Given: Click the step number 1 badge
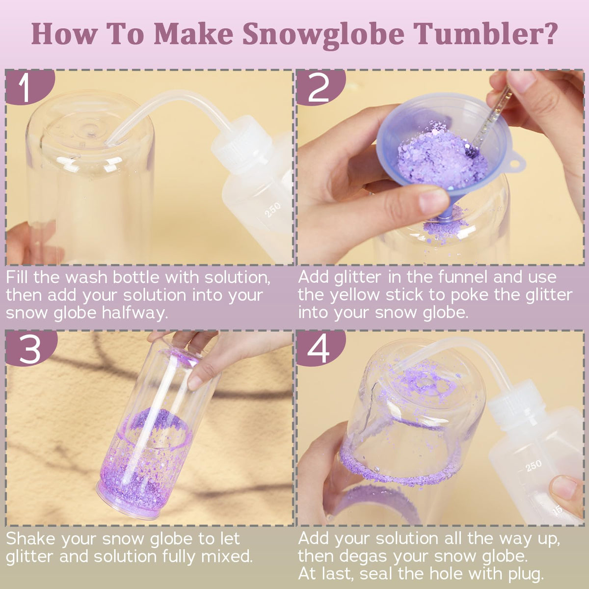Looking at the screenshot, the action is pyautogui.click(x=29, y=87).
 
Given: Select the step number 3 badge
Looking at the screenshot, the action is pyautogui.click(x=30, y=348).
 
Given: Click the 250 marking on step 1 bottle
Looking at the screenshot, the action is pyautogui.click(x=272, y=210).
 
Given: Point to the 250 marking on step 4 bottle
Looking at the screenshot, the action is pyautogui.click(x=534, y=466).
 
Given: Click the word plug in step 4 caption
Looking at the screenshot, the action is pyautogui.click(x=526, y=574).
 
